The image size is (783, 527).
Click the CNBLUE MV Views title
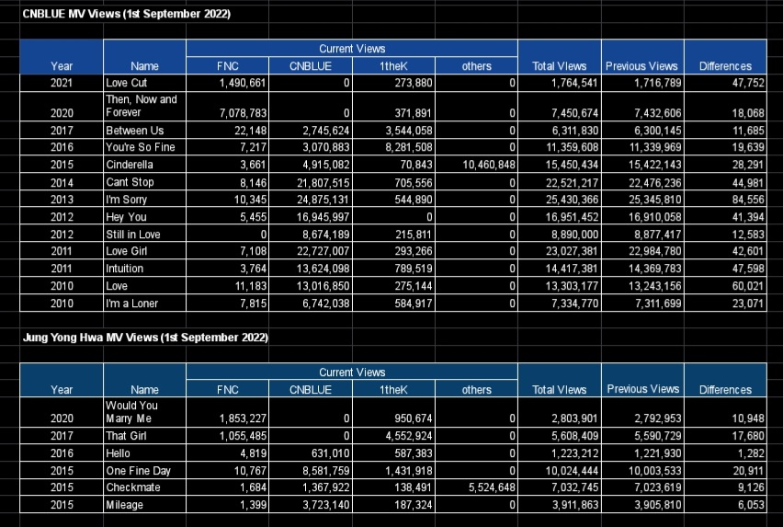[x=126, y=14]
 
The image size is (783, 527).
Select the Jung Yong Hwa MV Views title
[x=145, y=338]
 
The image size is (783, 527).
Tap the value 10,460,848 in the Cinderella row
[x=489, y=165]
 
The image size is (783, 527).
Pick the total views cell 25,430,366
[x=572, y=200]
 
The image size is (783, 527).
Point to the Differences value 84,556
[x=748, y=200]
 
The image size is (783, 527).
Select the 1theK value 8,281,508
[x=408, y=147]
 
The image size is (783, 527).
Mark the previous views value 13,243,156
[x=654, y=286]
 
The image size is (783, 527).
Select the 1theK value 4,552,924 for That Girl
[x=408, y=436]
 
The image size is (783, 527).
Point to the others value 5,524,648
[x=492, y=487]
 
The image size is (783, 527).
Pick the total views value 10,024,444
[x=572, y=471]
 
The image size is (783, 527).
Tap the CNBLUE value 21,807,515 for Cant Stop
[x=323, y=183]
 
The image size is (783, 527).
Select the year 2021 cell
[x=62, y=83]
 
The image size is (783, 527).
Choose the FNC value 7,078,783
[x=244, y=113]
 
